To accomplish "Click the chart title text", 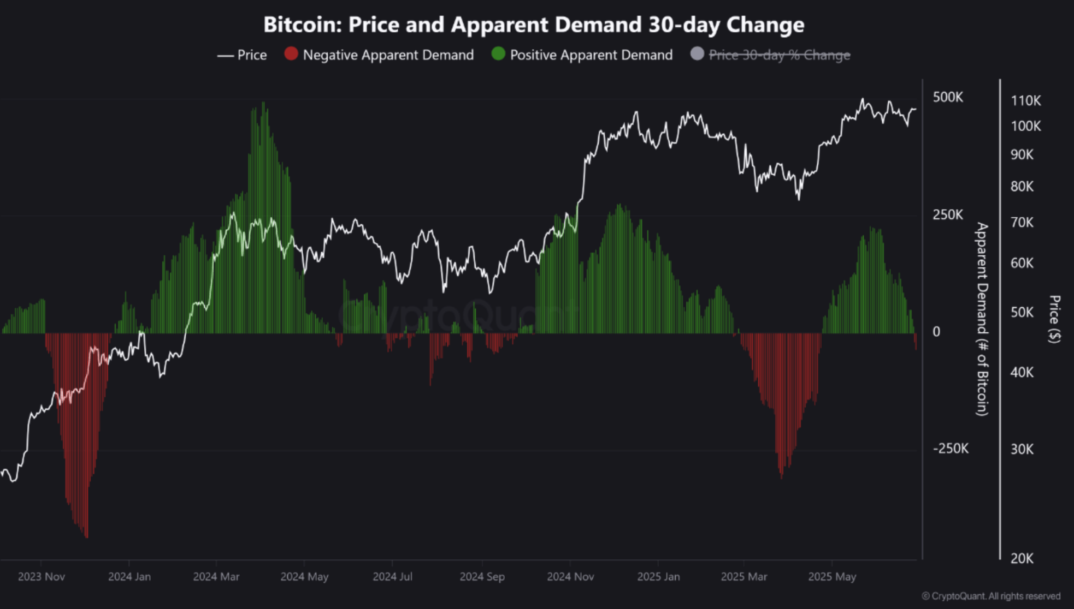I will pos(534,25).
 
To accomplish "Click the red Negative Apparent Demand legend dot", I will pos(291,53).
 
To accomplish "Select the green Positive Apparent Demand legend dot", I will pos(498,53).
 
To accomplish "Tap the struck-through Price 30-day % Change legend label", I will pos(779,55).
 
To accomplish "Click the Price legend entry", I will pos(243,55).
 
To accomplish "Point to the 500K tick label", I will pos(948,97).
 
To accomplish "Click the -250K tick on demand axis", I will pos(951,449).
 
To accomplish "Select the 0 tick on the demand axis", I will pos(936,332).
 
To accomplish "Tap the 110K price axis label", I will pos(1025,100).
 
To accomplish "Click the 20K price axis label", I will pos(1022,558).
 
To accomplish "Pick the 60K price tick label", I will pos(1022,263).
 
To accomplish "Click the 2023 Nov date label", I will pos(42,576).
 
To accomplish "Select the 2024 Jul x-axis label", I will pos(392,576).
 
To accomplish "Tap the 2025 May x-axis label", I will pos(831,576).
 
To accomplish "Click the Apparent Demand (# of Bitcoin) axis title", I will pos(982,319).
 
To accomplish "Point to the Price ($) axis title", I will pos(1054,319).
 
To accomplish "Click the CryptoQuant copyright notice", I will pos(991,596).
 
